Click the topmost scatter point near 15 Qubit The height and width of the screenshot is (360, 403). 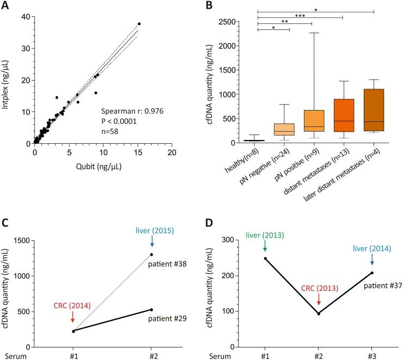(x=139, y=24)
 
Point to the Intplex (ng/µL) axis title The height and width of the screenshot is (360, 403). (x=8, y=80)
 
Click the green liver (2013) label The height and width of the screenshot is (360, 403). (x=265, y=235)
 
